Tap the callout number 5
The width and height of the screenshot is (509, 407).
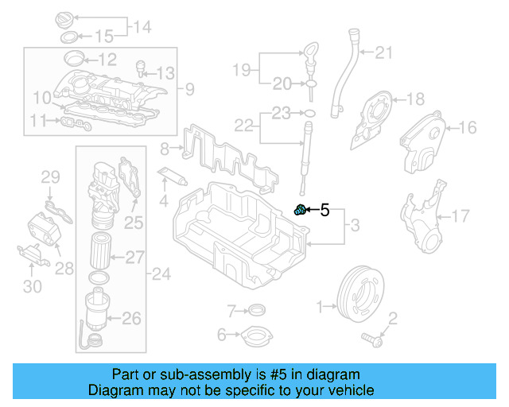coord(324,210)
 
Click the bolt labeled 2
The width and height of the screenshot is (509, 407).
coord(371,339)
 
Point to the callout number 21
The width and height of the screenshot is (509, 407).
coord(384,53)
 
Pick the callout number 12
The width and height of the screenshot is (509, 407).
coord(107,58)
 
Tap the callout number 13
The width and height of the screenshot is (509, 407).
coord(164,74)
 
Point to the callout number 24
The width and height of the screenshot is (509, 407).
coord(161,275)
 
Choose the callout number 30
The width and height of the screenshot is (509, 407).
coord(32,286)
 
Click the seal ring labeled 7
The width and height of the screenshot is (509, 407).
coord(257,309)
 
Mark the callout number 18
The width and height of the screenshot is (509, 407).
coord(416,99)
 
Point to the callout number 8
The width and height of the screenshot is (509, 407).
coord(165,148)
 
